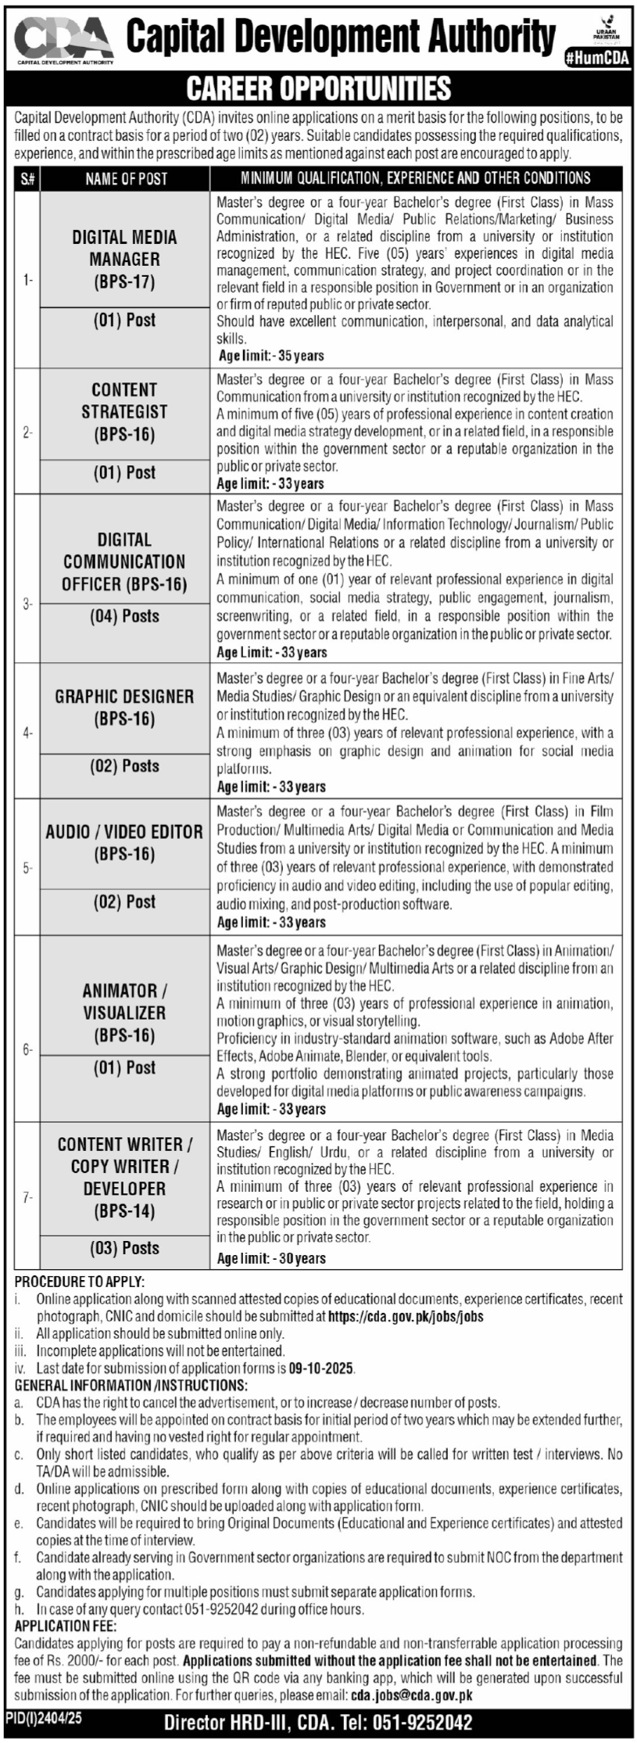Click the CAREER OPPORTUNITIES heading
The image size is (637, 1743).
318,88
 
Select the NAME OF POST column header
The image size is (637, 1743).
126,179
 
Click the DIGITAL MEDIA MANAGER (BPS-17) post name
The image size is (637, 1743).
124,259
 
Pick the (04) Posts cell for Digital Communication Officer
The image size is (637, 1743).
124,616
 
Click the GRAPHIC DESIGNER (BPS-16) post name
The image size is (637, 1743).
124,707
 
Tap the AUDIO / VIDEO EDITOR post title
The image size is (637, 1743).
124,842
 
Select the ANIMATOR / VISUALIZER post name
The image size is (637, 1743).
124,1013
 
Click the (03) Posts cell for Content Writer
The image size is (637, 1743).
124,1248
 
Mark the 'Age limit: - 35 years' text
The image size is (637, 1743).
271,356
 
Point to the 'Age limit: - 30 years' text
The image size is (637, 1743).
271,1258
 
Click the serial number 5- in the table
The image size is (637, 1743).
27,867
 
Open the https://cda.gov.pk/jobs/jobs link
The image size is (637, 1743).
406,1316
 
